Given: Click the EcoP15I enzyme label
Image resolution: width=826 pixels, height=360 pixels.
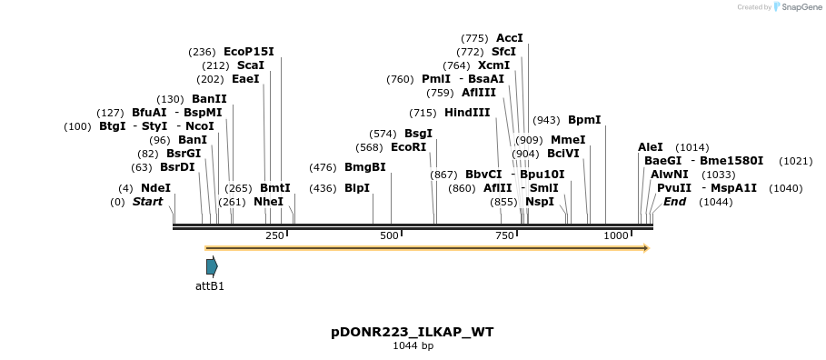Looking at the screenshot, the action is coord(248,52).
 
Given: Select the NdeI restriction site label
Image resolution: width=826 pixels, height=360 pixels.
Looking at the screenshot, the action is coord(155,188).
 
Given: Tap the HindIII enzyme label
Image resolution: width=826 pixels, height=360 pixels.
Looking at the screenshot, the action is coord(467,113).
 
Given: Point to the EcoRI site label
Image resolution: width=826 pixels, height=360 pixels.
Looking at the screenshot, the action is coord(408,147).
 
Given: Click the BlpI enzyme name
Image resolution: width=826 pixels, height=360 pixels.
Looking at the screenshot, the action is coord(357,188).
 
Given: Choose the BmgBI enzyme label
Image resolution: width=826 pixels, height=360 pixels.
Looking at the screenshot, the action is coord(365,167).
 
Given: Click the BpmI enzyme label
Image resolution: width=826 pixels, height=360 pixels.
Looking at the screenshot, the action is coord(584,120).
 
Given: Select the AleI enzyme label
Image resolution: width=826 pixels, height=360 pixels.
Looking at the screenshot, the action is coord(651,147).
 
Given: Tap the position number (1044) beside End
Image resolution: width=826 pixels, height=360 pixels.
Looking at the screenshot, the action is coord(715,202).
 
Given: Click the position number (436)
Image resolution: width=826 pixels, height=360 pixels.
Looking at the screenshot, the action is coord(323,188).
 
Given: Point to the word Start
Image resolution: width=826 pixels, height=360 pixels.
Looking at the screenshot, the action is coord(147,202).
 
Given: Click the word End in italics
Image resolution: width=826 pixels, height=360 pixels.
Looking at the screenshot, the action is coord(674,202).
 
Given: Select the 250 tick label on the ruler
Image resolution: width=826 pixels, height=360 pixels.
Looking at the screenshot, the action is coord(274,235).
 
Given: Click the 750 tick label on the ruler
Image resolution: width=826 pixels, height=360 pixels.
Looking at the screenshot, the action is coord(504,235).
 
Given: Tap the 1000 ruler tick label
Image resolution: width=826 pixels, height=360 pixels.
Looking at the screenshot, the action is coord(616,235).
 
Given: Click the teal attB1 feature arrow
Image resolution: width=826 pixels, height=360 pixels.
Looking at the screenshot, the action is coord(212,266).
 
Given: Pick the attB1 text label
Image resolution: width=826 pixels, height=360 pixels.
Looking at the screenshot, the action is coord(210,286).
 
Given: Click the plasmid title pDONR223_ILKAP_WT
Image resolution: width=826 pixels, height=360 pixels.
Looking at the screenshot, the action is coord(413,332).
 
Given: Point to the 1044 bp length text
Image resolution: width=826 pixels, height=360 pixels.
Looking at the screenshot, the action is coord(413,346).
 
